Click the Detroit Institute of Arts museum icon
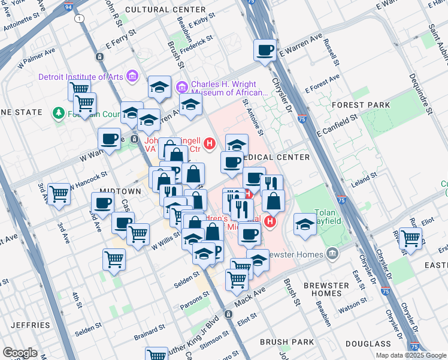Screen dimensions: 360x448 pos(132,77)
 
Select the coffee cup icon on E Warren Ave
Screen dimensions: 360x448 pos(264,51)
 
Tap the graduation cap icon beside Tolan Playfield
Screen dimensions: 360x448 pos(305,224)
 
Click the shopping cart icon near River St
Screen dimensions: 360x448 pos(410,237)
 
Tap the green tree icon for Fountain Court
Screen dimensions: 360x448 pos(58,113)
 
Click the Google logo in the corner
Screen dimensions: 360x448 pos(20,353)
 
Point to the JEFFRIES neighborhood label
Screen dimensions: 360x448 pos(30,325)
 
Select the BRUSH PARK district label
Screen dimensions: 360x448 pos(287,342)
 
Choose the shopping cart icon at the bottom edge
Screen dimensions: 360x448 pos(156,355)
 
